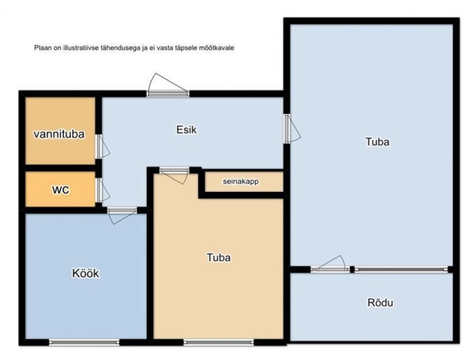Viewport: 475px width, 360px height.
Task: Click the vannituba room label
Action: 59,134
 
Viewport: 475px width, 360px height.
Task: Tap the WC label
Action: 61,190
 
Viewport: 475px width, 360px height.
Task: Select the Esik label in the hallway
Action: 186,130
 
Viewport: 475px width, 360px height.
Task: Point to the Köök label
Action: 86,273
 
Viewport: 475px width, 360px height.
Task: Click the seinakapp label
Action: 241,181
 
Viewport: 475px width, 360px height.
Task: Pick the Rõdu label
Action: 380,302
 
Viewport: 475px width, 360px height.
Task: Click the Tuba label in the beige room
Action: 219,257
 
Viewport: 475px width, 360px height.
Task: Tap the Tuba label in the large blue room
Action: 377,142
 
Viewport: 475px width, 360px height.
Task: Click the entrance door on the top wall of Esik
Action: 168,86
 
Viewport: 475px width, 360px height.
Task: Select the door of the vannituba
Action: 102,146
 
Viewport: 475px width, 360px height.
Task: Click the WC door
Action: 102,190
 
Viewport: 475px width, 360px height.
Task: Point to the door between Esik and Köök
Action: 122,216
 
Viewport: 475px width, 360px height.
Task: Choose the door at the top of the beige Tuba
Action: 174,175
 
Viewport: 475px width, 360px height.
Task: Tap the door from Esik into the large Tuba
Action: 292,129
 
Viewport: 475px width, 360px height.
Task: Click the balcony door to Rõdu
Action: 331,264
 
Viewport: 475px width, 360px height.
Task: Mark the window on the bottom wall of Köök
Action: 84,342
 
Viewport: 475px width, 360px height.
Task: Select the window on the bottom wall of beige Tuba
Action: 219,342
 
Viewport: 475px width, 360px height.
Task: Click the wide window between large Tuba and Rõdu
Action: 401,269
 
